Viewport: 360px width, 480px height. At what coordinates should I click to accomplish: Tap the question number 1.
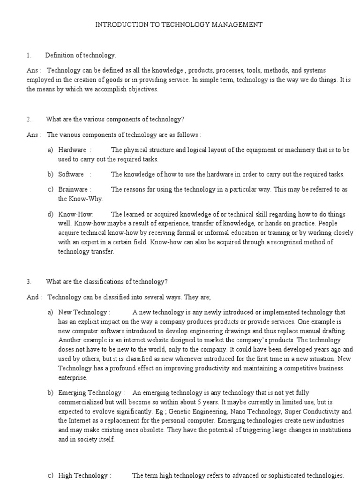click(29, 56)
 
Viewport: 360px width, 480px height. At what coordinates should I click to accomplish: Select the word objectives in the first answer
click(141, 90)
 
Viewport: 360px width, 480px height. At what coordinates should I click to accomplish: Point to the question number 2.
click(29, 120)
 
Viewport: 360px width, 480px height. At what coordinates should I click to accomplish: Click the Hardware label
click(72, 150)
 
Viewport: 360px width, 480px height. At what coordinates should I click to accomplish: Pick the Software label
click(71, 174)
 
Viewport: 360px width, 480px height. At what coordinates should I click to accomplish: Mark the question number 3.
click(29, 282)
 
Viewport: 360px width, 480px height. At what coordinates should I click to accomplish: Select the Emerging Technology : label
click(91, 393)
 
